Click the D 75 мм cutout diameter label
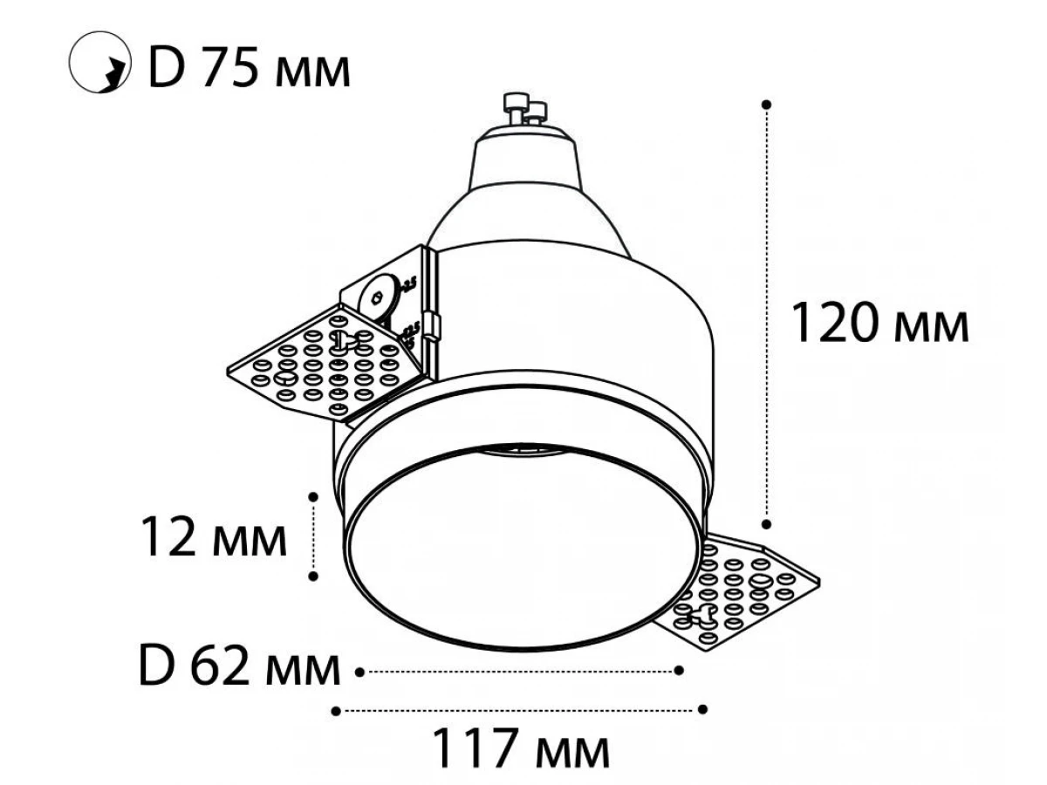point(250,66)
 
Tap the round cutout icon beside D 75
point(99,62)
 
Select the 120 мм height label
point(880,322)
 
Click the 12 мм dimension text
point(214,536)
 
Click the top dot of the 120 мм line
point(766,105)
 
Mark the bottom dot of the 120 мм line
point(766,524)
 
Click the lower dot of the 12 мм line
point(313,577)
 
